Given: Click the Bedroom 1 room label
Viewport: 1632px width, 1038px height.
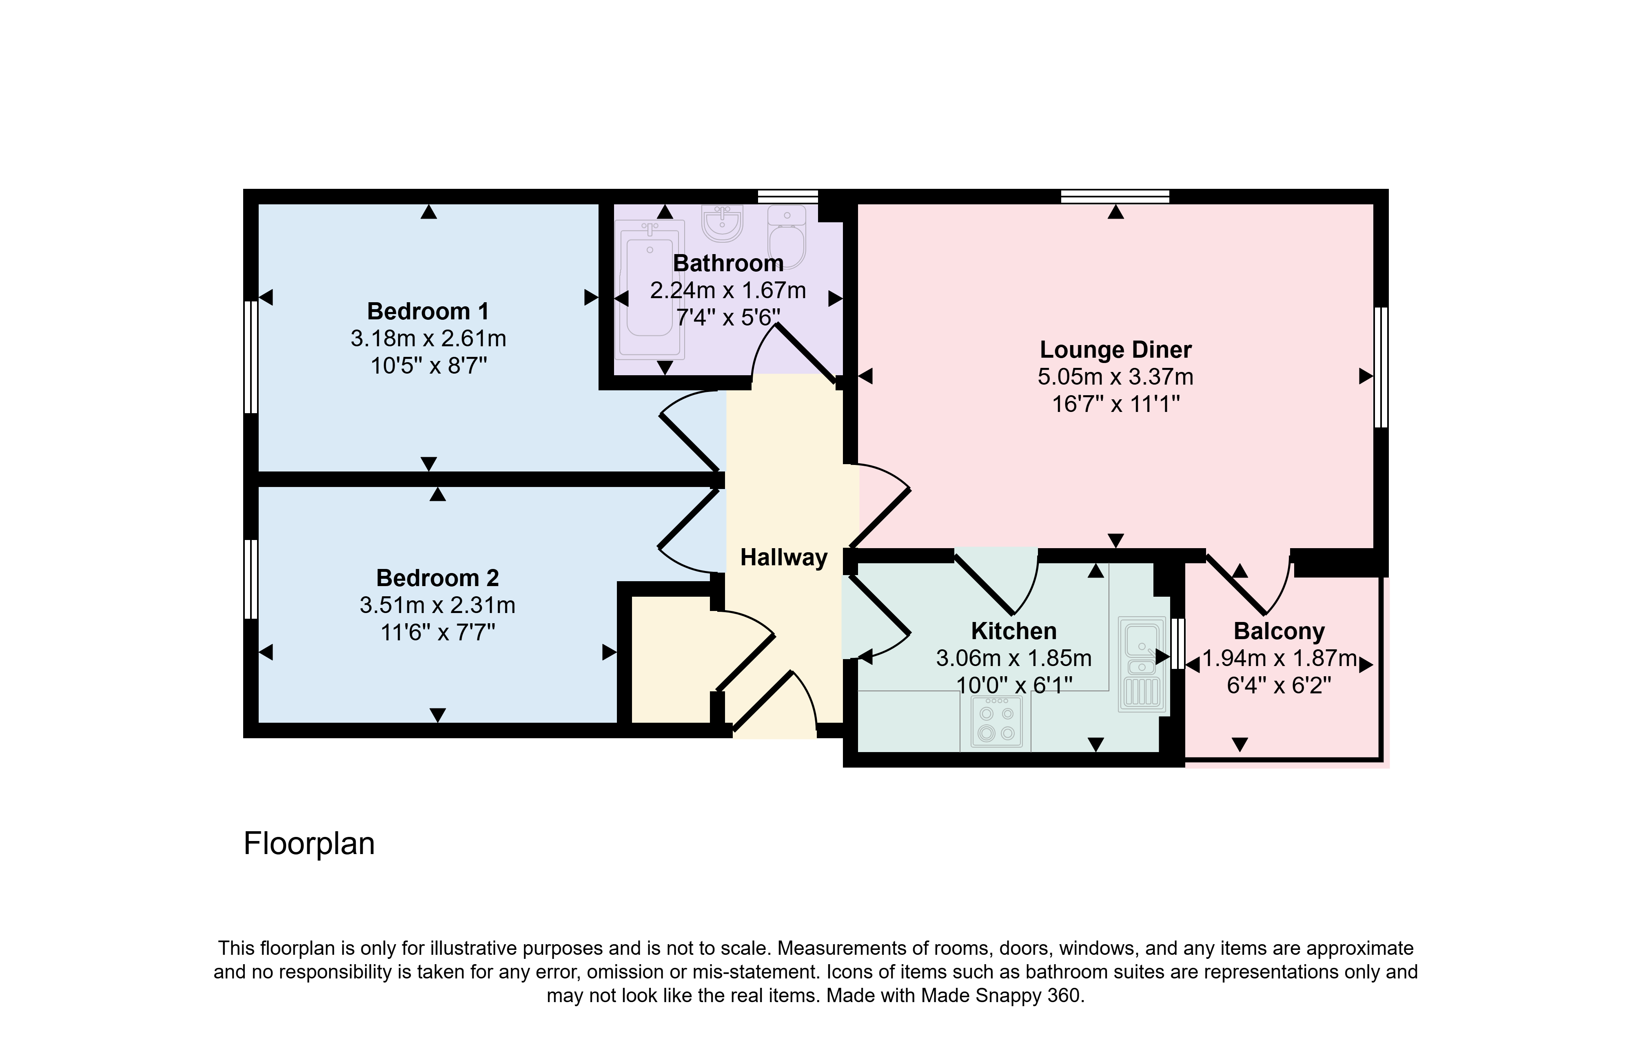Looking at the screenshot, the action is pyautogui.click(x=428, y=311).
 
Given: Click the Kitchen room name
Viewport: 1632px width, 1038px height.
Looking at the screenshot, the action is pyautogui.click(x=1014, y=631).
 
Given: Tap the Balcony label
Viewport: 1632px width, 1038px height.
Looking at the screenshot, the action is pyautogui.click(x=1279, y=631).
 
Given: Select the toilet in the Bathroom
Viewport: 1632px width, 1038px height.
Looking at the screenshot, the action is pyautogui.click(x=787, y=237).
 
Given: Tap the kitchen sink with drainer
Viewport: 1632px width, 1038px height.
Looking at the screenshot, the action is pyautogui.click(x=1142, y=664).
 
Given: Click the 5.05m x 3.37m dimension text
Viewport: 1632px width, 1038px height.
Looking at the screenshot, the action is pyautogui.click(x=1115, y=377).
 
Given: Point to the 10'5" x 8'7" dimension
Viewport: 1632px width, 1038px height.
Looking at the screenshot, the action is pyautogui.click(x=428, y=366).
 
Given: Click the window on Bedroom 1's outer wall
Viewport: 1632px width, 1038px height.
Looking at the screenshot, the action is pyautogui.click(x=251, y=357).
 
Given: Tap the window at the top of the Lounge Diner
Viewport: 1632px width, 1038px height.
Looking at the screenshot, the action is pyautogui.click(x=1115, y=197).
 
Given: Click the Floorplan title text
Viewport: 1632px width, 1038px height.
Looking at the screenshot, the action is pyautogui.click(x=309, y=843).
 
